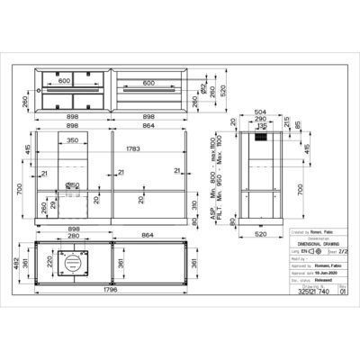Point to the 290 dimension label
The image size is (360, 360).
[260, 117]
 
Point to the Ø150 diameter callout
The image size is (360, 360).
[76, 185]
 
